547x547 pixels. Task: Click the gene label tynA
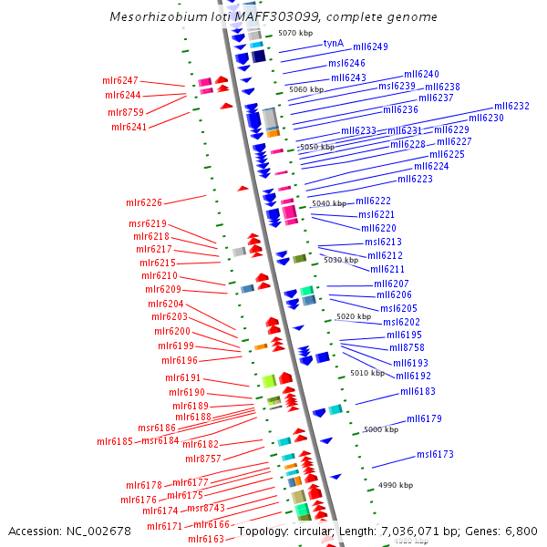pyautogui.click(x=334, y=43)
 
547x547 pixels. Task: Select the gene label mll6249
pyautogui.click(x=370, y=46)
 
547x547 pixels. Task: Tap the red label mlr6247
pyautogui.click(x=120, y=81)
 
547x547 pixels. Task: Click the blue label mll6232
pyautogui.click(x=511, y=106)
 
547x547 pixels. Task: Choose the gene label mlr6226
pyautogui.click(x=144, y=202)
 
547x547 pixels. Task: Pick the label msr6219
pyautogui.click(x=148, y=223)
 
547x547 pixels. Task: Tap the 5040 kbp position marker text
pyautogui.click(x=328, y=203)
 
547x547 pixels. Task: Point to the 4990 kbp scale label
pyautogui.click(x=396, y=485)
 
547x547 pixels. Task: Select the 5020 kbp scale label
pyautogui.click(x=353, y=316)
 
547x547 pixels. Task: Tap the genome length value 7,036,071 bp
pyautogui.click(x=399, y=531)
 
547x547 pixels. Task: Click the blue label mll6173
pyautogui.click(x=435, y=454)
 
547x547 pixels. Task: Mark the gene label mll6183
pyautogui.click(x=418, y=391)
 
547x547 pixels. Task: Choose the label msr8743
pyautogui.click(x=205, y=508)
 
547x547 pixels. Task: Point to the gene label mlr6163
pyautogui.click(x=206, y=539)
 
